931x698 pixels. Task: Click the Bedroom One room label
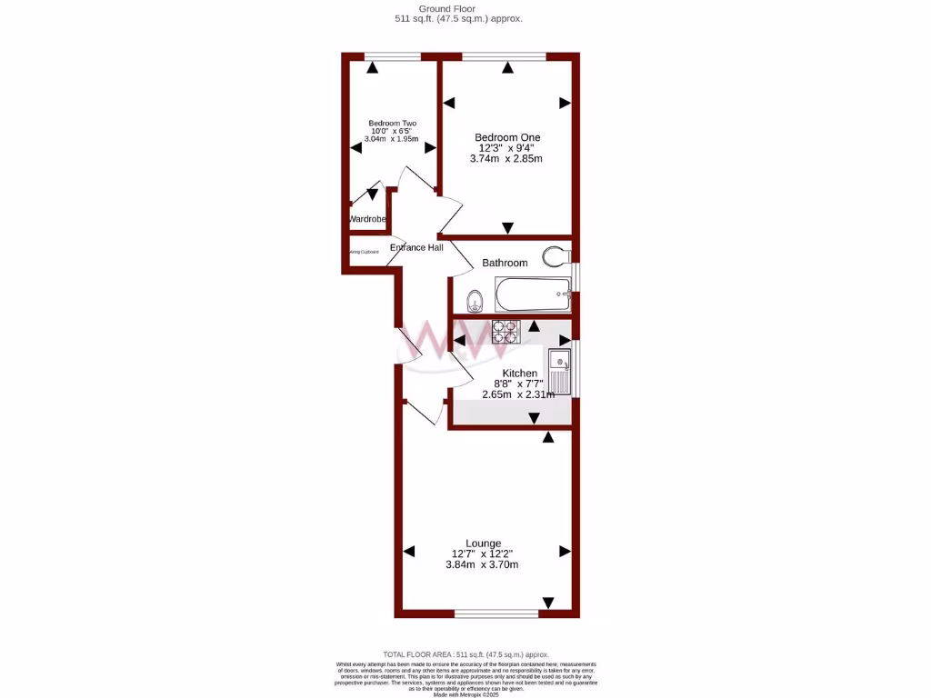(506, 137)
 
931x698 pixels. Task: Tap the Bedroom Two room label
(392, 124)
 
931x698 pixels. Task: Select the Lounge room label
(482, 543)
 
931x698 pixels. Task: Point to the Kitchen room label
(519, 374)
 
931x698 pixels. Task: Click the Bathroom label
(505, 263)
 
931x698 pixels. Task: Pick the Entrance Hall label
(416, 247)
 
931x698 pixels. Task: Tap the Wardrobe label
(367, 219)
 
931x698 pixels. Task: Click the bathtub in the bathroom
(533, 294)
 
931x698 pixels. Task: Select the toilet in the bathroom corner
(556, 256)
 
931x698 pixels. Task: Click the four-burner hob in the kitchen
(505, 332)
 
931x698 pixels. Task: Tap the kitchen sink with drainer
(559, 371)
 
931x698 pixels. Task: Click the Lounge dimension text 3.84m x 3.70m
(482, 564)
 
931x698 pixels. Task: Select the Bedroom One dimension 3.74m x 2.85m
(506, 158)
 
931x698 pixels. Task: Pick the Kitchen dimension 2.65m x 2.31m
(518, 394)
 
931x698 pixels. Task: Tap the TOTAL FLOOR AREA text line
(465, 654)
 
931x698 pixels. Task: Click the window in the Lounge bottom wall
(496, 614)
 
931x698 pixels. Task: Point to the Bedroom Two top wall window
(393, 56)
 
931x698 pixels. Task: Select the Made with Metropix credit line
(465, 694)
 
